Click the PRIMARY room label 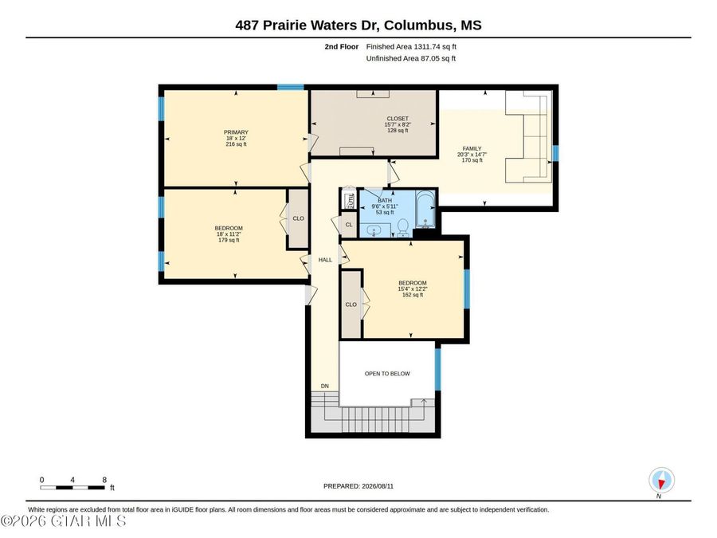[x=236, y=132]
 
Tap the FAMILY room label [x=472, y=149]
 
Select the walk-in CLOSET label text [x=398, y=119]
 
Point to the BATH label [x=385, y=200]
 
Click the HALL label [x=325, y=260]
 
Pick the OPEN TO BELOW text [x=387, y=374]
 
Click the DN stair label [x=325, y=386]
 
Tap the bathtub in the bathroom [x=425, y=210]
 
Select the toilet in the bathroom [x=403, y=227]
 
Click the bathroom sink [x=375, y=231]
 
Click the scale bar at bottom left [x=72, y=488]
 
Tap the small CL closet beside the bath [x=349, y=225]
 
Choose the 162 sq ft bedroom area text [x=413, y=295]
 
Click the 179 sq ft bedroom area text [x=229, y=240]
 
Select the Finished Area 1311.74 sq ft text [x=411, y=47]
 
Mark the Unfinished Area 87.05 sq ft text [x=410, y=58]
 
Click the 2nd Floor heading [x=342, y=47]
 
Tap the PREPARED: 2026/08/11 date [x=358, y=486]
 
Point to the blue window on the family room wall [x=555, y=153]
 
